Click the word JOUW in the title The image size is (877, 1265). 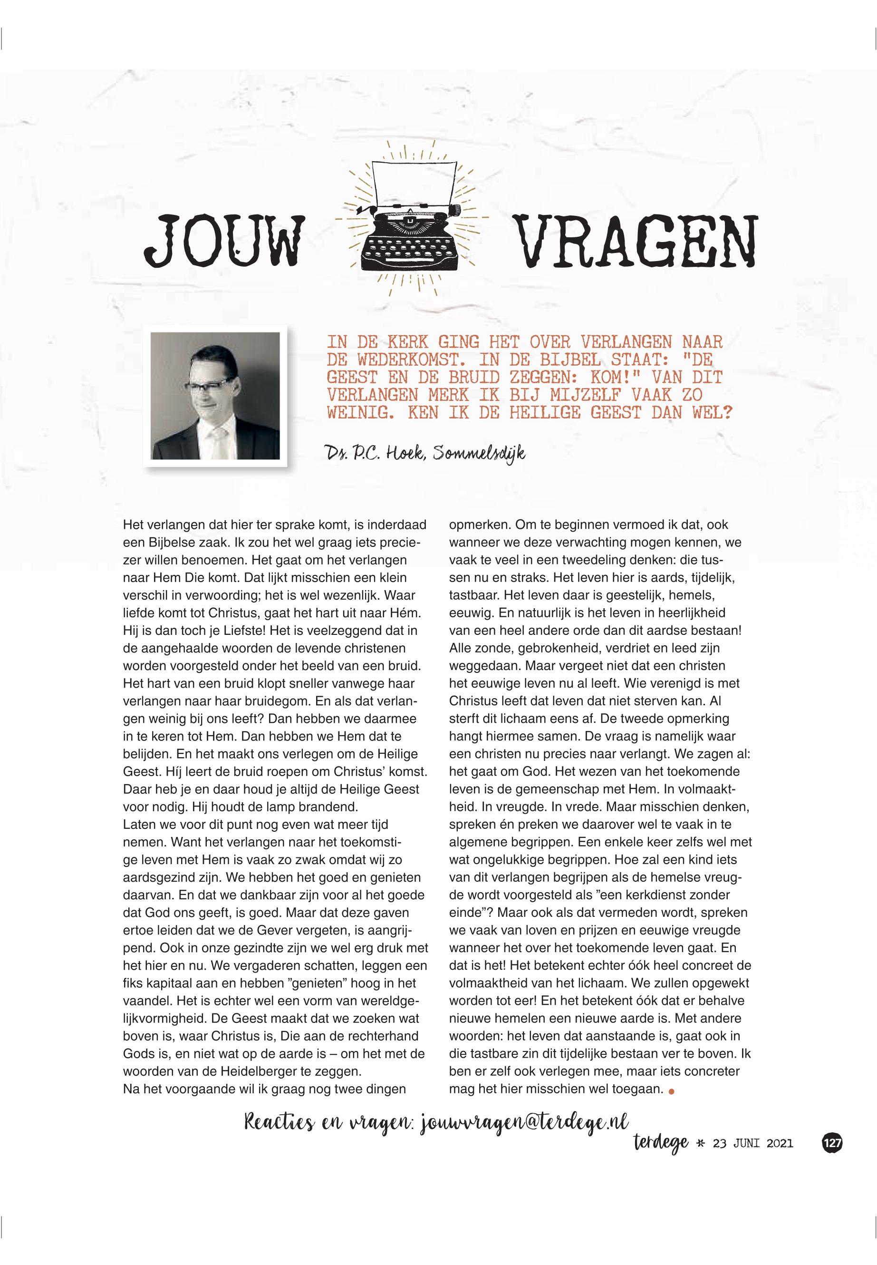click(x=224, y=241)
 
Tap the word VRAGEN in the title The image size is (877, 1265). click(x=637, y=241)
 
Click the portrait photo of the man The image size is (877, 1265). click(x=215, y=395)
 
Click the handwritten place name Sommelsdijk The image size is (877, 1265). click(x=479, y=454)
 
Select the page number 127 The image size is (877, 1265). click(x=832, y=1142)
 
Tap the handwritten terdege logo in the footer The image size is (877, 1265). click(x=660, y=1143)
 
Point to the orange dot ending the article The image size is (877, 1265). click(x=671, y=1092)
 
